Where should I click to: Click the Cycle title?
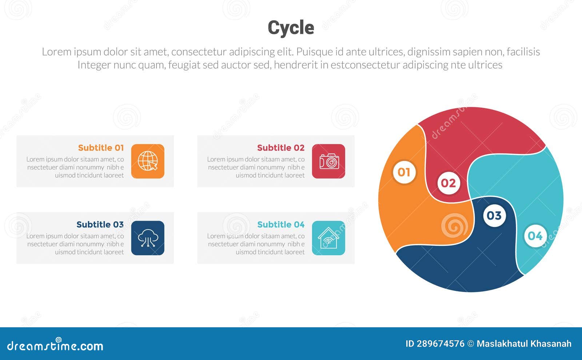coord(291,28)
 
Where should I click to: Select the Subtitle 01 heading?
coord(101,148)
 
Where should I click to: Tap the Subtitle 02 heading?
coord(280,148)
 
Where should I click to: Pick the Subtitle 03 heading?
coord(100,224)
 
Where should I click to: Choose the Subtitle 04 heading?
coord(280,224)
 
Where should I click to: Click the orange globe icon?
coord(148,161)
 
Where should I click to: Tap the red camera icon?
coord(328,161)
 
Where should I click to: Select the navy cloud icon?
coord(148,238)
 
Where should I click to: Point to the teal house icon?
coord(328,238)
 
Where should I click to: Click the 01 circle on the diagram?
coord(404,172)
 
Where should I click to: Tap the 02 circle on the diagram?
coord(448,183)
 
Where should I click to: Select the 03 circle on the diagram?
coord(494,216)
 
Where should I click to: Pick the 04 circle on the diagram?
coord(535,236)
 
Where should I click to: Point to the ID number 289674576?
coord(441,344)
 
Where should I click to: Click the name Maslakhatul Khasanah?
coord(524,344)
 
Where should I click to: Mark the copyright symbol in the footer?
coord(470,344)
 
